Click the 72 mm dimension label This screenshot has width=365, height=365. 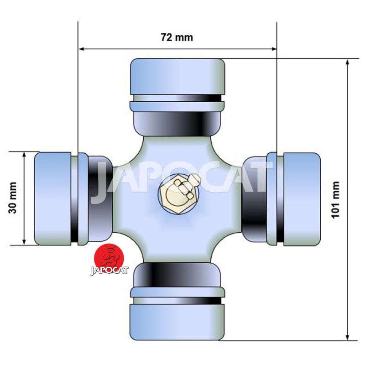click(x=177, y=37)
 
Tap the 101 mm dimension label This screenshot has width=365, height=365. click(x=335, y=200)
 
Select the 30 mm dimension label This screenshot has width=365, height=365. click(x=12, y=198)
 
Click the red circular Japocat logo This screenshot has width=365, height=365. click(x=109, y=258)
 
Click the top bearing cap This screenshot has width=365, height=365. click(x=177, y=77)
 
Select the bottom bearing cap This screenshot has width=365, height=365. click(x=177, y=322)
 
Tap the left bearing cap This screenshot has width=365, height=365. click(x=52, y=199)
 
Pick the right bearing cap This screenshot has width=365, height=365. click(x=302, y=199)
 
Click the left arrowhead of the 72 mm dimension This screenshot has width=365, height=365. click(x=82, y=49)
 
